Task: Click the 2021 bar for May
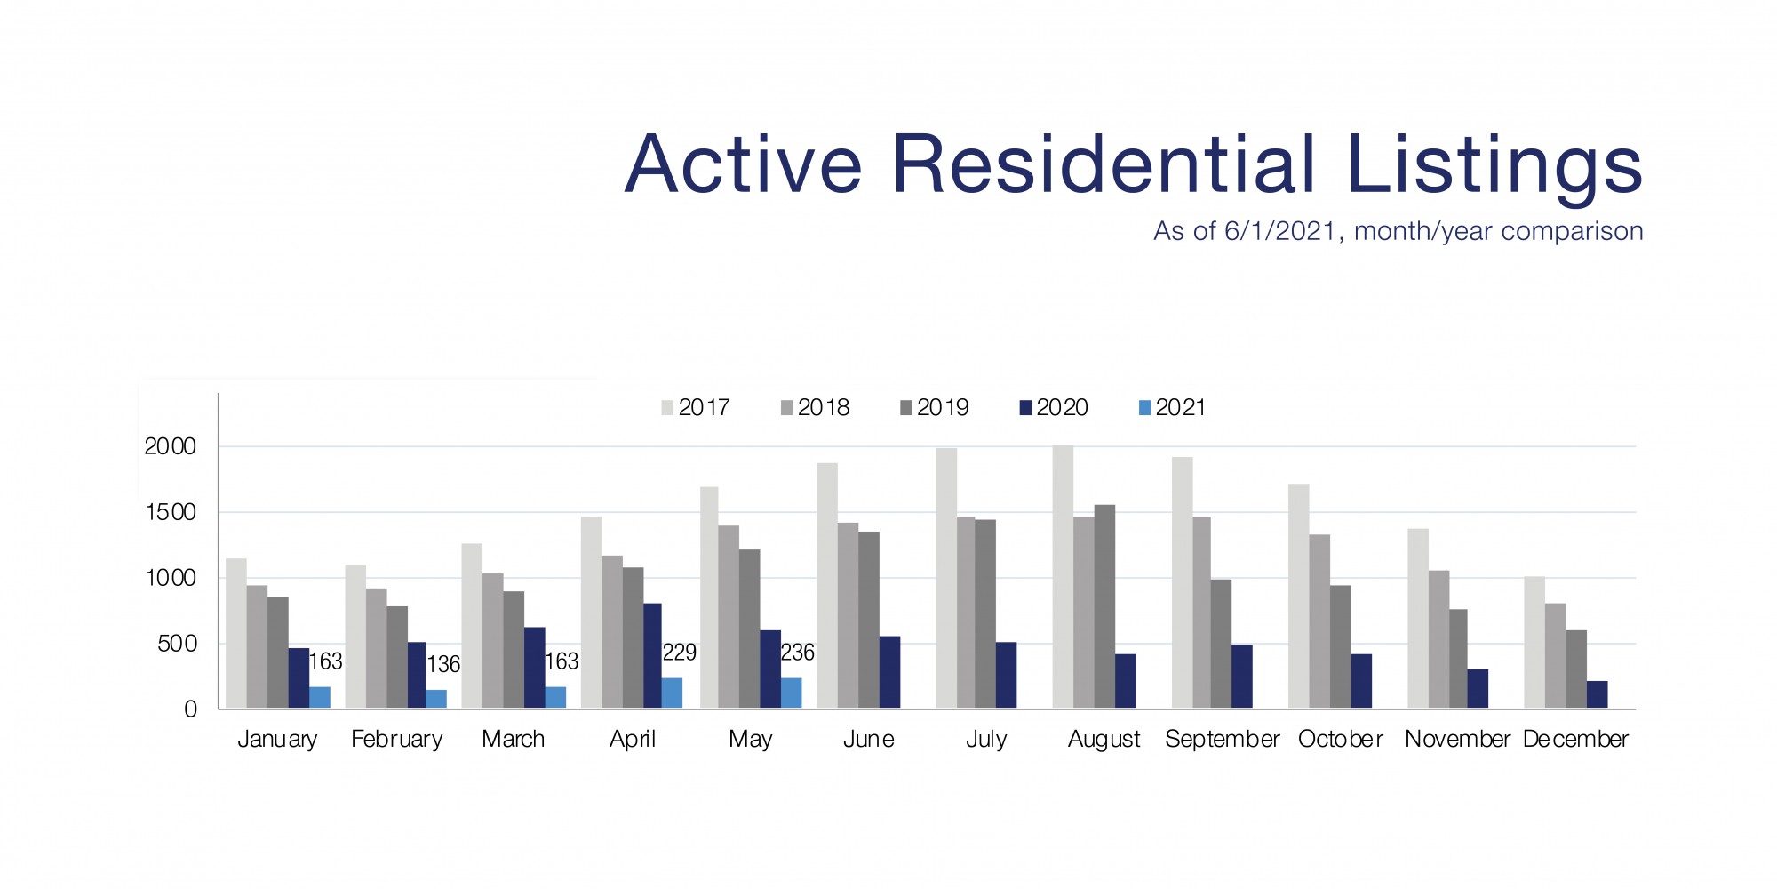click(791, 693)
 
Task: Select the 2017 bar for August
click(1063, 577)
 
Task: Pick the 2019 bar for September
click(1221, 644)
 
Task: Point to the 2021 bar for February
click(436, 699)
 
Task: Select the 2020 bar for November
click(1478, 689)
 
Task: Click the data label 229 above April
click(680, 653)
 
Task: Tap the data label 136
click(443, 664)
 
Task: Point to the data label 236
click(797, 653)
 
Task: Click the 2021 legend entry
click(1172, 408)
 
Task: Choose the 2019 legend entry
click(934, 408)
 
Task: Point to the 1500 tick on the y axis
click(170, 512)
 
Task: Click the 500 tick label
click(177, 644)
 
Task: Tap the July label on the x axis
click(986, 739)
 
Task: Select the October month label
click(1340, 739)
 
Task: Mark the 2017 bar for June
click(827, 586)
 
